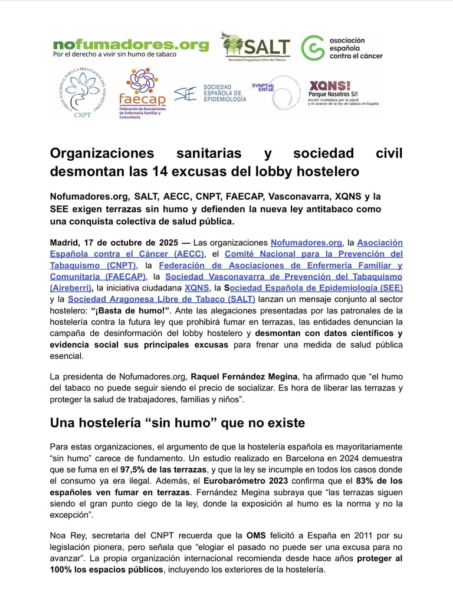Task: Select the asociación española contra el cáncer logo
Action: (342, 48)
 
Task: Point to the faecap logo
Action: (142, 94)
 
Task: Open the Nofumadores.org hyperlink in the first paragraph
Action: (306, 243)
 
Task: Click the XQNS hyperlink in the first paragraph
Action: (196, 287)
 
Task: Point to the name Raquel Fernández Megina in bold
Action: (245, 376)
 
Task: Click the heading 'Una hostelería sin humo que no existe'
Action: (176, 423)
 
